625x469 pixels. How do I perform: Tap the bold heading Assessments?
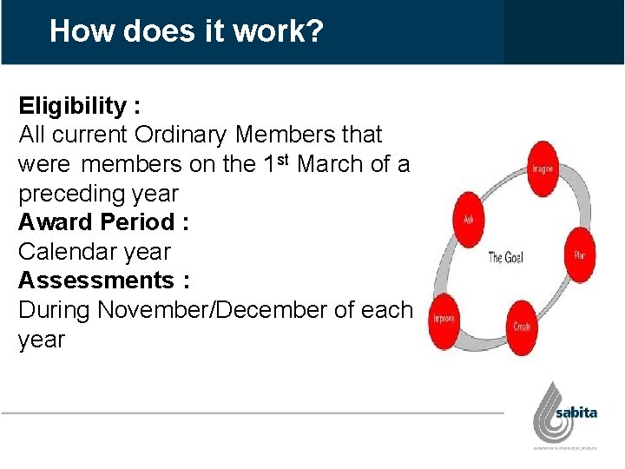pos(95,281)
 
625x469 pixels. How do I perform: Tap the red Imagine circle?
pos(543,166)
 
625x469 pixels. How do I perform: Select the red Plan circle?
pos(579,254)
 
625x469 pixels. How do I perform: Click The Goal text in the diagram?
pos(505,257)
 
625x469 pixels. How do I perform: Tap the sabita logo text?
pos(577,412)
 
